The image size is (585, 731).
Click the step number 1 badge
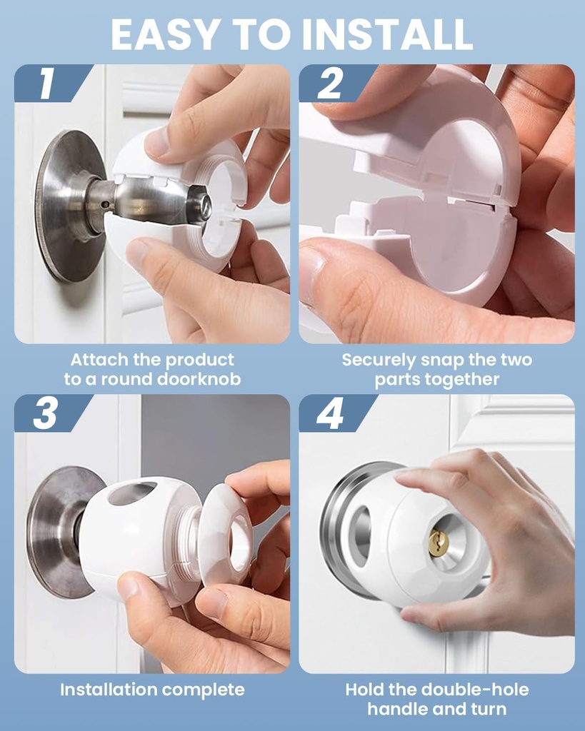47,84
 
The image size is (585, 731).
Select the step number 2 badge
330,84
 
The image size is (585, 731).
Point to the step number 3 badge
46,413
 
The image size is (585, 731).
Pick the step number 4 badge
330,413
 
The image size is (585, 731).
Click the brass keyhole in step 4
439,544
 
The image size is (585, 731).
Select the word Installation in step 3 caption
108,690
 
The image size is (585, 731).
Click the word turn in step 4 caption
487,709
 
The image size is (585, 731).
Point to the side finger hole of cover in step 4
361,538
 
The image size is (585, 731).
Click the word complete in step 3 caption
203,690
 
